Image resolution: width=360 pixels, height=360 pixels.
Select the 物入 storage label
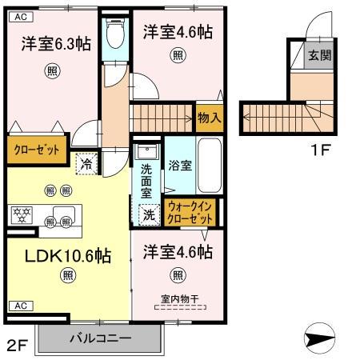(x=210, y=118)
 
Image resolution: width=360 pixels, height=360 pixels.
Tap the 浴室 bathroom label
(x=180, y=166)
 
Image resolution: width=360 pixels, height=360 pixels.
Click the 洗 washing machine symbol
(x=148, y=214)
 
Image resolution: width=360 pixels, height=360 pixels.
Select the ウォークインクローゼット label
(x=191, y=211)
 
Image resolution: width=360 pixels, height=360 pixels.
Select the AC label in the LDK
(x=21, y=305)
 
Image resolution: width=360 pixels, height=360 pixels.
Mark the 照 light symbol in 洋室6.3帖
(x=53, y=70)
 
